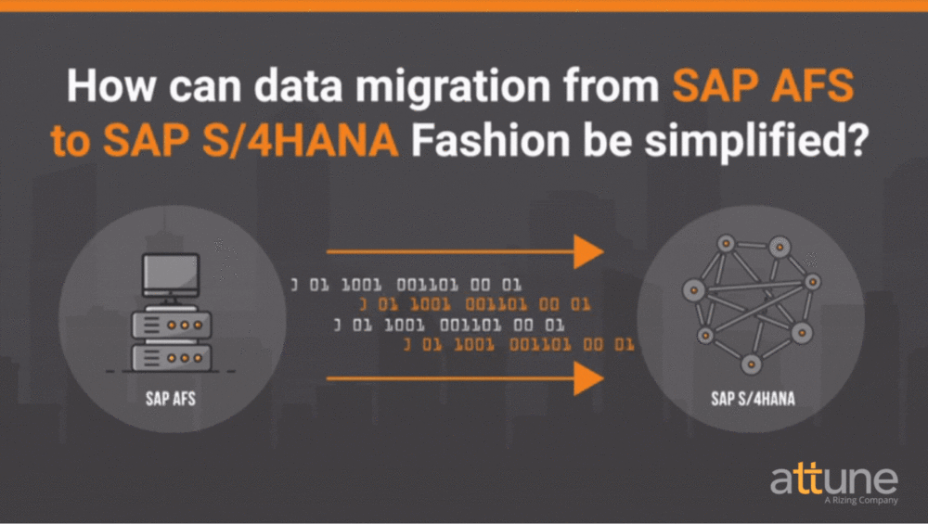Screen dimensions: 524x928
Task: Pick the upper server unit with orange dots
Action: click(170, 325)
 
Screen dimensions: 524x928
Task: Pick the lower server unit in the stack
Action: click(170, 356)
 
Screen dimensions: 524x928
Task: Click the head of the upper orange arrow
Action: click(588, 251)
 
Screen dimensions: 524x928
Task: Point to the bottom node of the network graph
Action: click(750, 363)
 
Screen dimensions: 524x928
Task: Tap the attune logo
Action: click(833, 479)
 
